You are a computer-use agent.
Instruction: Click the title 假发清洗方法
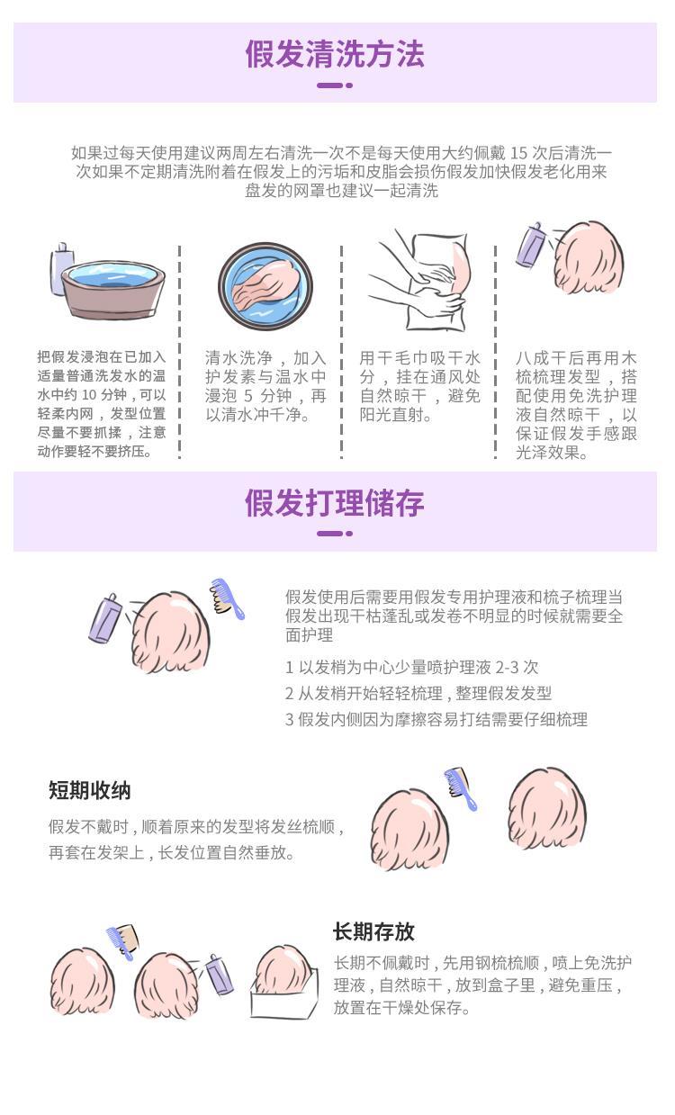coord(335,54)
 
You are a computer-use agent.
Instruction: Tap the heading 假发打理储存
coord(335,503)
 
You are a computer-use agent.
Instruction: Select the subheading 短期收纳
coord(90,790)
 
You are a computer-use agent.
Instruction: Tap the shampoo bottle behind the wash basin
coord(60,268)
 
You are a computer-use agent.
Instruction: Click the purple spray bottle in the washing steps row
coord(532,245)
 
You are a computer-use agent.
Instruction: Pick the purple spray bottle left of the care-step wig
coord(106,617)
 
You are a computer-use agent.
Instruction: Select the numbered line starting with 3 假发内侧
coord(436,719)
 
